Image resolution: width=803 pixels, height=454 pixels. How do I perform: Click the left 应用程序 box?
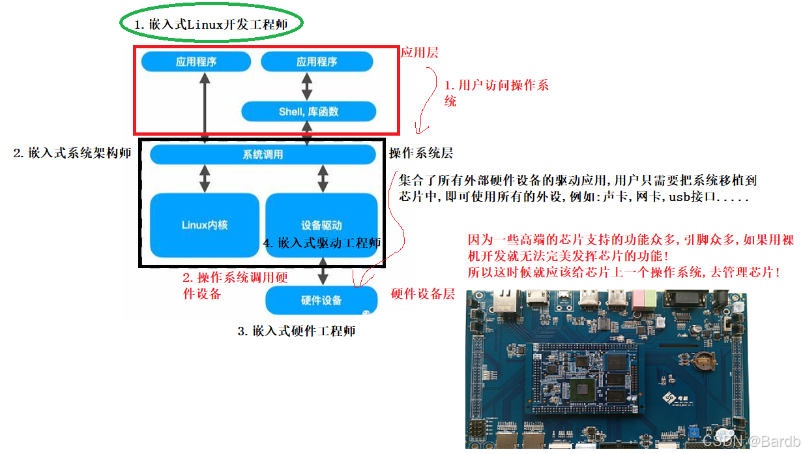click(x=196, y=62)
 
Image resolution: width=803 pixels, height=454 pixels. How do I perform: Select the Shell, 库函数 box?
click(x=308, y=112)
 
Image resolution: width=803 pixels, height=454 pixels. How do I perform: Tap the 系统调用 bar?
click(x=263, y=155)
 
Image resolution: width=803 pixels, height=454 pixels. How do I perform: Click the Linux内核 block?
click(x=205, y=225)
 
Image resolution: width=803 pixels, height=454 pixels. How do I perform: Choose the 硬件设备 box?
click(x=321, y=301)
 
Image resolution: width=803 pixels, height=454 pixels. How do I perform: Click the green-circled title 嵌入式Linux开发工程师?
click(x=211, y=24)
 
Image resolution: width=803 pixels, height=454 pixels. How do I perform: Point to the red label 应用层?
click(x=419, y=53)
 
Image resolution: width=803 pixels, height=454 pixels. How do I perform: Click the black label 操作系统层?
click(x=420, y=154)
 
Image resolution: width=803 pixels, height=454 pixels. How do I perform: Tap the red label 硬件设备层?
click(x=422, y=294)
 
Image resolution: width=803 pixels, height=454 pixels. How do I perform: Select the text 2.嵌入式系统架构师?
click(x=72, y=154)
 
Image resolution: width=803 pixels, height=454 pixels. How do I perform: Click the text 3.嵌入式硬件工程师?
click(x=297, y=331)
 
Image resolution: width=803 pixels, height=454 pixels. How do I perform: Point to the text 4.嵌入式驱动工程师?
click(x=322, y=243)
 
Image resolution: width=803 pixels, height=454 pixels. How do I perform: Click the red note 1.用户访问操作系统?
click(x=495, y=93)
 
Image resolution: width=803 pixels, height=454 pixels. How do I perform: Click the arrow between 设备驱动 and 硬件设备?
click(x=322, y=271)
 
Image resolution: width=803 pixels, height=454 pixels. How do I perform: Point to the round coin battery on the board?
click(x=703, y=359)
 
